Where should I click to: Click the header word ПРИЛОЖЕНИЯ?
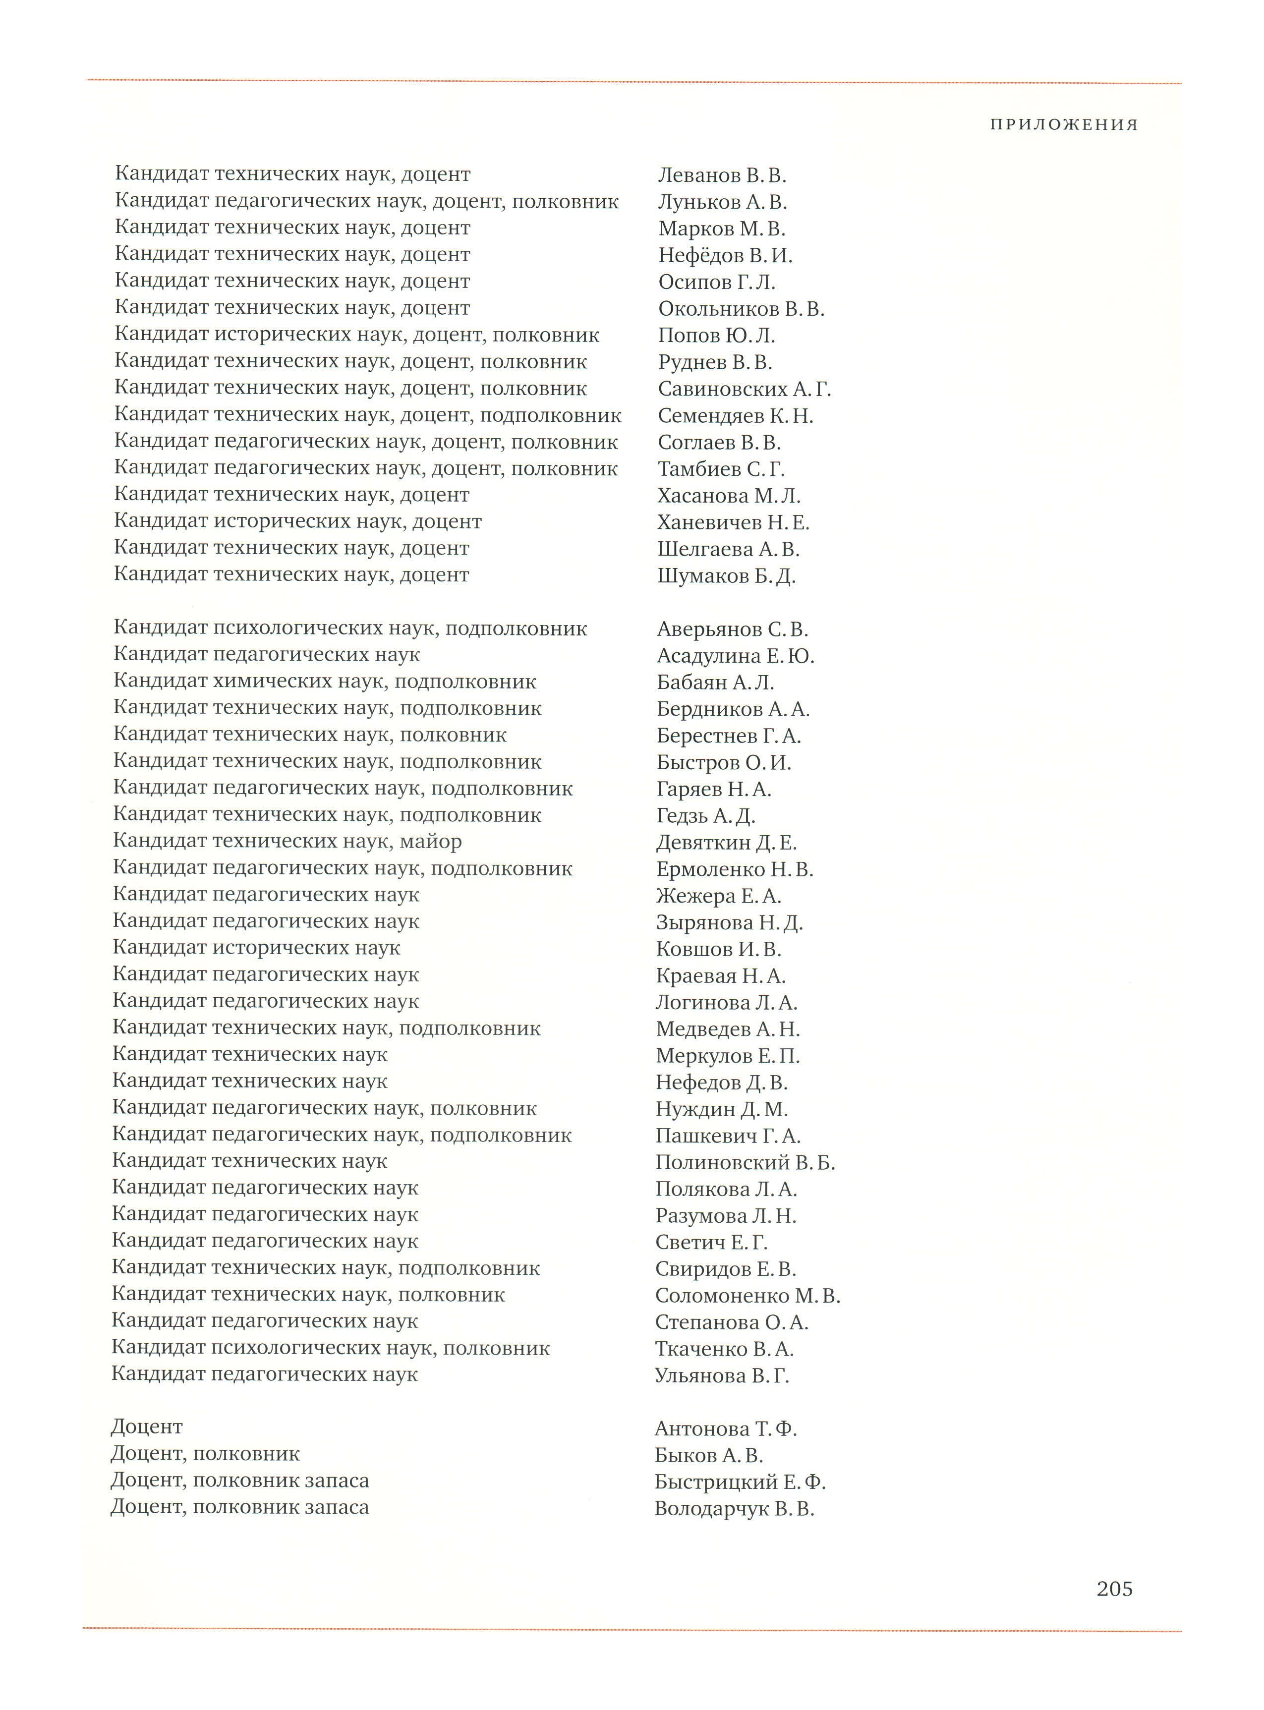(x=1064, y=125)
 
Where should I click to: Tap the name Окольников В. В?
(x=741, y=309)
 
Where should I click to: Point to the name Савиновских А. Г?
(x=744, y=390)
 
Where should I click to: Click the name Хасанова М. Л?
(x=728, y=496)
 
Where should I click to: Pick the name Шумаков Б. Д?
(x=726, y=576)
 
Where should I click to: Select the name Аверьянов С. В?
(x=732, y=629)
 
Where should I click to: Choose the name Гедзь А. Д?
(x=705, y=816)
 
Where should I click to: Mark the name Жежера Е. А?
(x=718, y=896)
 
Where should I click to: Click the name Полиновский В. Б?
(x=745, y=1163)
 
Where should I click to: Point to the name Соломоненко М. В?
(x=747, y=1296)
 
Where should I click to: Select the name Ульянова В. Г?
(x=722, y=1375)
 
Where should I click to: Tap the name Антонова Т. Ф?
(x=725, y=1428)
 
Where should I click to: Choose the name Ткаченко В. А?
(x=724, y=1349)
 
